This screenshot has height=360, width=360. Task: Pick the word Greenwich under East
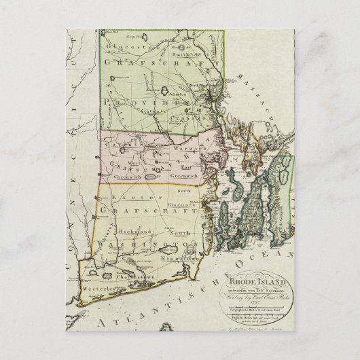196,174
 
